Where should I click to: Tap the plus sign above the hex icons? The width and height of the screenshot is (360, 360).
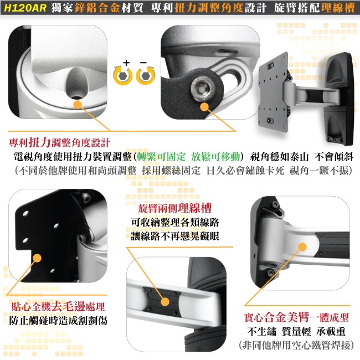[x=127, y=63]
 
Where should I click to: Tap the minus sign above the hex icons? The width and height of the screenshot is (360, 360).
[x=143, y=63]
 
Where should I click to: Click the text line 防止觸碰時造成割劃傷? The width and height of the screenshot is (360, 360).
[x=58, y=321]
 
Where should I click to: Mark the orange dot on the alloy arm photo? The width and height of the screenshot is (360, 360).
[x=302, y=248]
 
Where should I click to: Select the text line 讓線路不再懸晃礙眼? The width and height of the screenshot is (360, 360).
[x=175, y=236]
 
